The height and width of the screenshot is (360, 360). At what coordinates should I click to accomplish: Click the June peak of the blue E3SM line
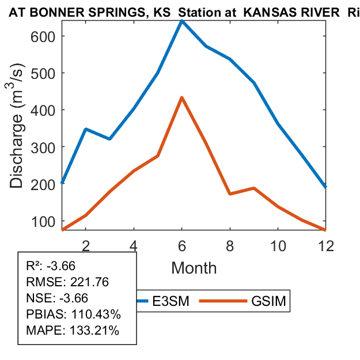[182, 21]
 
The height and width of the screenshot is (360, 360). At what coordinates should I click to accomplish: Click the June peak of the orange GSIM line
[182, 97]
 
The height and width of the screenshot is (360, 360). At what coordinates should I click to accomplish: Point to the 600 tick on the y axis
[38, 36]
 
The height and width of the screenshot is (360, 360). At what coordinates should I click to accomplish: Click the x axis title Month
[194, 268]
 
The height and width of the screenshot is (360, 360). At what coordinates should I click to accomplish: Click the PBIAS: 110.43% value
[73, 315]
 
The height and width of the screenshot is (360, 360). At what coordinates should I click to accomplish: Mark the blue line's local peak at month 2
[86, 129]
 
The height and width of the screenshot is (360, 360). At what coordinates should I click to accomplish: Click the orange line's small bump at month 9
[254, 188]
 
